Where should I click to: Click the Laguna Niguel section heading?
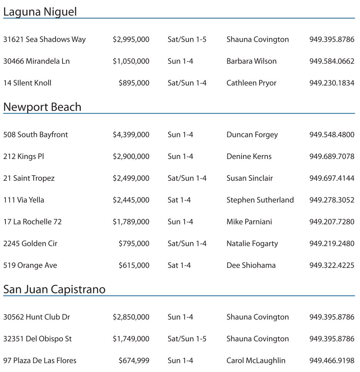(x=40, y=12)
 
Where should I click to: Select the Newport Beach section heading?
(x=42, y=107)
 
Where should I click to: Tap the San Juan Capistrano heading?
(x=54, y=289)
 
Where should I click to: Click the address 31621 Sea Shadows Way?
(x=44, y=39)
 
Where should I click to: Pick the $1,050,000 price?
(x=131, y=61)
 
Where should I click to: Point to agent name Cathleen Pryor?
(x=251, y=83)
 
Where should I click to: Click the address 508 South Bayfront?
(x=35, y=135)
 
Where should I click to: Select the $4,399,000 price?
(x=131, y=135)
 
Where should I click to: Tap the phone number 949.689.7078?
(x=331, y=156)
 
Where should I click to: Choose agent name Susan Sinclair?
(x=249, y=178)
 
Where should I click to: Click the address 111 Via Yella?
(x=23, y=200)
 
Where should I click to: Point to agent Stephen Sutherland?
(x=260, y=200)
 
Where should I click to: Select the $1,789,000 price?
(x=131, y=222)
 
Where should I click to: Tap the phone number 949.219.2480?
(x=331, y=244)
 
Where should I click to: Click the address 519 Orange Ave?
(x=30, y=265)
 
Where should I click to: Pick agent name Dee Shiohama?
(x=251, y=265)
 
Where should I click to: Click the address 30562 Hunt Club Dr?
(x=37, y=317)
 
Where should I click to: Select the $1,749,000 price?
(x=131, y=339)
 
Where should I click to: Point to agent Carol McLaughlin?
(x=256, y=361)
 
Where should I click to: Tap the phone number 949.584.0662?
(x=331, y=61)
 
